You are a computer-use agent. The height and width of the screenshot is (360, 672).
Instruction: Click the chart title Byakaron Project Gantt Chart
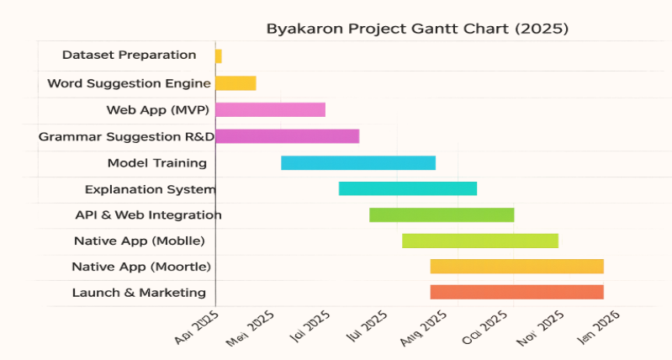(417, 29)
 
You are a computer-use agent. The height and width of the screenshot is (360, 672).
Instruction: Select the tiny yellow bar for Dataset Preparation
(219, 56)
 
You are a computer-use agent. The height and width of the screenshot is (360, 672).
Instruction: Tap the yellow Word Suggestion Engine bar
(235, 83)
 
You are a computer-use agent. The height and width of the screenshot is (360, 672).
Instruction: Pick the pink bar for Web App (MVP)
(270, 109)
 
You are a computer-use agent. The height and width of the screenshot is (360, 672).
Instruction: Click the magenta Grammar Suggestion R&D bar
(287, 136)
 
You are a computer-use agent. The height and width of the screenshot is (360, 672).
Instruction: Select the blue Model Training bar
(358, 163)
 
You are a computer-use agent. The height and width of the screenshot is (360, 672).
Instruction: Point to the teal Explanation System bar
(408, 188)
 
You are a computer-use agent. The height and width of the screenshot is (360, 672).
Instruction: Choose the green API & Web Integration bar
(442, 214)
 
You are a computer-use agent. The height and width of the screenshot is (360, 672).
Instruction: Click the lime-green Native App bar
(480, 241)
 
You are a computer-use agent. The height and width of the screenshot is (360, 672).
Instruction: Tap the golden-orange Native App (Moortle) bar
(517, 266)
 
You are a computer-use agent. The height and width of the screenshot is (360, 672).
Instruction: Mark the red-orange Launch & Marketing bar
(517, 292)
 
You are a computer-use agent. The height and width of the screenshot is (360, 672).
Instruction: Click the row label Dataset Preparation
(130, 56)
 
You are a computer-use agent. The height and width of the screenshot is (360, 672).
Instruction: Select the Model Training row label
(157, 163)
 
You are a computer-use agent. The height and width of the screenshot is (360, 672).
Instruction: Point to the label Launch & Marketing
(139, 293)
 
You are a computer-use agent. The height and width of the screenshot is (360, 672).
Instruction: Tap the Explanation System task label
(151, 189)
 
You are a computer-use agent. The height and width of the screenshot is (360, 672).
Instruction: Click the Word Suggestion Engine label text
(129, 83)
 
